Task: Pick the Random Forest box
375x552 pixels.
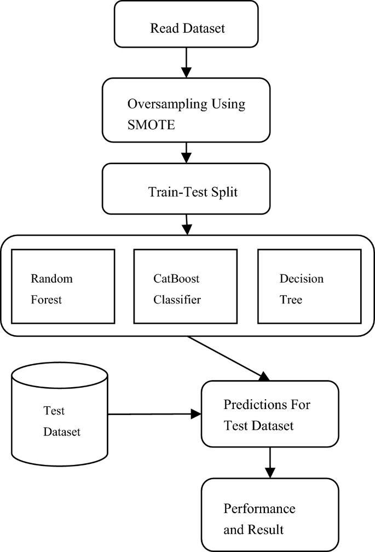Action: (63, 286)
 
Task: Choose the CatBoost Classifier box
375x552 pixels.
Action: (187, 286)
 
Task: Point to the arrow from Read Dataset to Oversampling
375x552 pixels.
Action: (186, 62)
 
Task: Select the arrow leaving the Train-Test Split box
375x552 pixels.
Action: (187, 224)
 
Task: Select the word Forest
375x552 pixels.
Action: (47, 300)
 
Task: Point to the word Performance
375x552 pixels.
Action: (259, 508)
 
